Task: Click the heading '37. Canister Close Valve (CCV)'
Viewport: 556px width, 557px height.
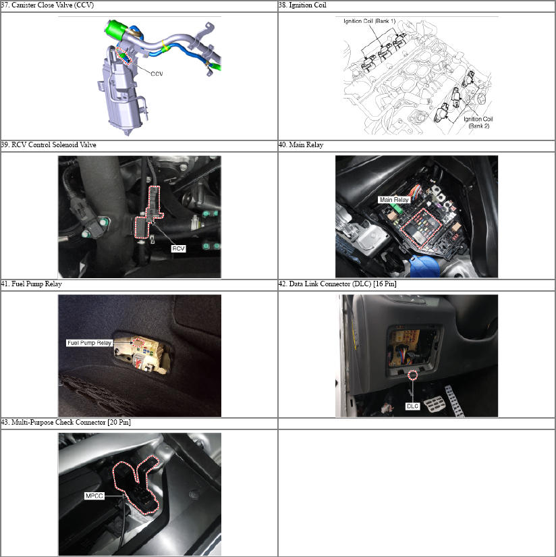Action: pyautogui.click(x=48, y=5)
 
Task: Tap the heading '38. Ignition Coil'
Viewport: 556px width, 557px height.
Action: pyautogui.click(x=302, y=5)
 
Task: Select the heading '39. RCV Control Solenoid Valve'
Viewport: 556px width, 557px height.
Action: pyautogui.click(x=49, y=145)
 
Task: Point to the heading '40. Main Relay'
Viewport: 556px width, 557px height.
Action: pyautogui.click(x=301, y=145)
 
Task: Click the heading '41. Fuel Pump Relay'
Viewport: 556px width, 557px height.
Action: pyautogui.click(x=32, y=284)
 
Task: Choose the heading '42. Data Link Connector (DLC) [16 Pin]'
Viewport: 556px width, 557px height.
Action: pyautogui.click(x=337, y=284)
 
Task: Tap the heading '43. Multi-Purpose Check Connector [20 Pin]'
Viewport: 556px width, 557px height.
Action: pyautogui.click(x=66, y=423)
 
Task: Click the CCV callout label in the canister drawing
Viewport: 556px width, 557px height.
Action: pyautogui.click(x=157, y=74)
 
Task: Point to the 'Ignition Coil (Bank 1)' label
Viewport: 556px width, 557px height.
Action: pyautogui.click(x=370, y=22)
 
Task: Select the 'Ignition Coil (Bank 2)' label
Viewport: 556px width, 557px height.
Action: pyautogui.click(x=478, y=123)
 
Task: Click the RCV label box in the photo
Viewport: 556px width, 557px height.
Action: pyautogui.click(x=178, y=248)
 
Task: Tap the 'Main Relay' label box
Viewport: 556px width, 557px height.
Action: pyautogui.click(x=394, y=200)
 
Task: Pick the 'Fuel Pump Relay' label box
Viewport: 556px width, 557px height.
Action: pyautogui.click(x=90, y=343)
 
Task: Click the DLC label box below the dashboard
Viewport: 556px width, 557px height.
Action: pyautogui.click(x=412, y=406)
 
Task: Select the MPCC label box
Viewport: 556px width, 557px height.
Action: pyautogui.click(x=94, y=496)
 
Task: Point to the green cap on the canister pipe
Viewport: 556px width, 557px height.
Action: pyautogui.click(x=115, y=28)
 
